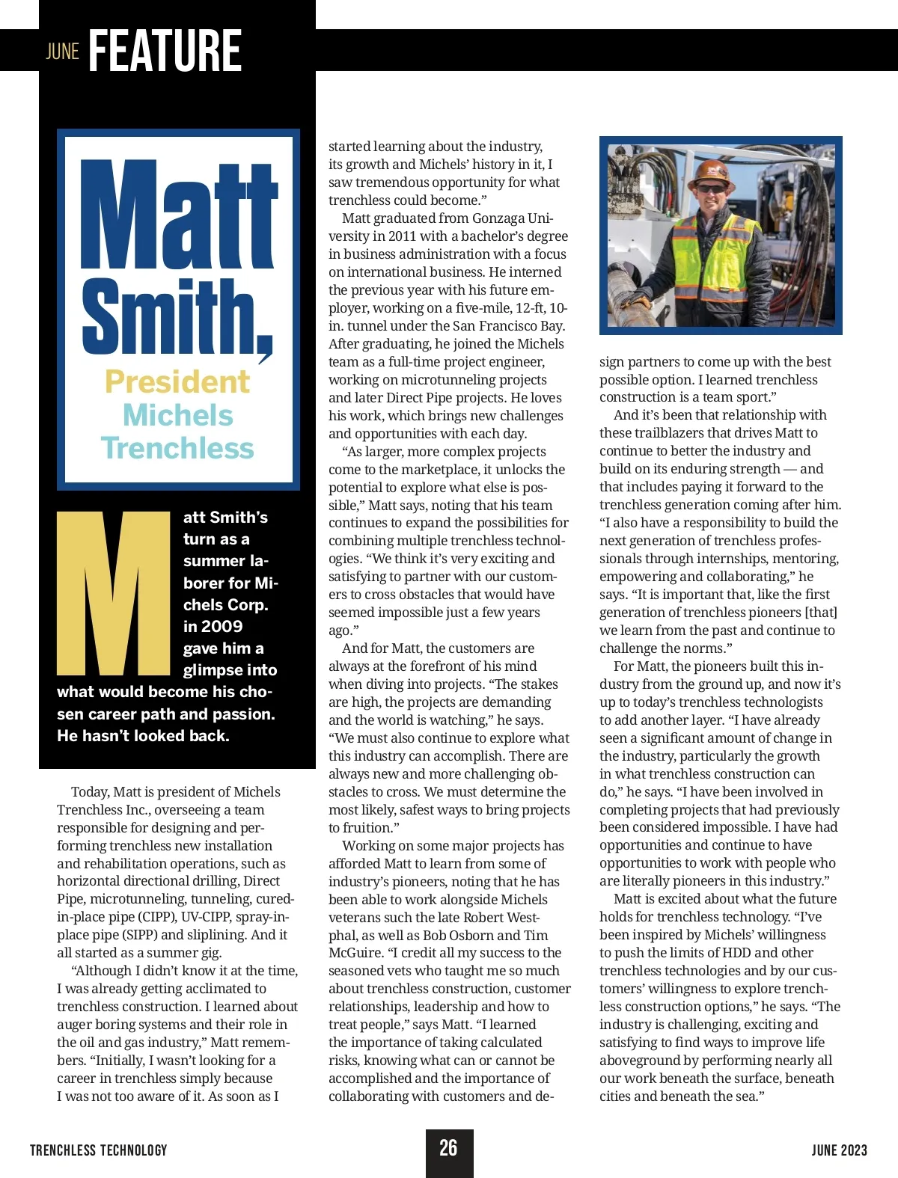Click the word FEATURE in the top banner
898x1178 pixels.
pos(165,51)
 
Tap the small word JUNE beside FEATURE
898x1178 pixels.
pos(63,52)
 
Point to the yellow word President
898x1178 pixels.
pos(177,382)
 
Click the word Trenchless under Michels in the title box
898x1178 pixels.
pos(178,448)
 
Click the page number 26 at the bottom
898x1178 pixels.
pos(449,1148)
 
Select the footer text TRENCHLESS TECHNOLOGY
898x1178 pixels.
pos(99,1150)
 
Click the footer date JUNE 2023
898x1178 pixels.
pos(840,1150)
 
